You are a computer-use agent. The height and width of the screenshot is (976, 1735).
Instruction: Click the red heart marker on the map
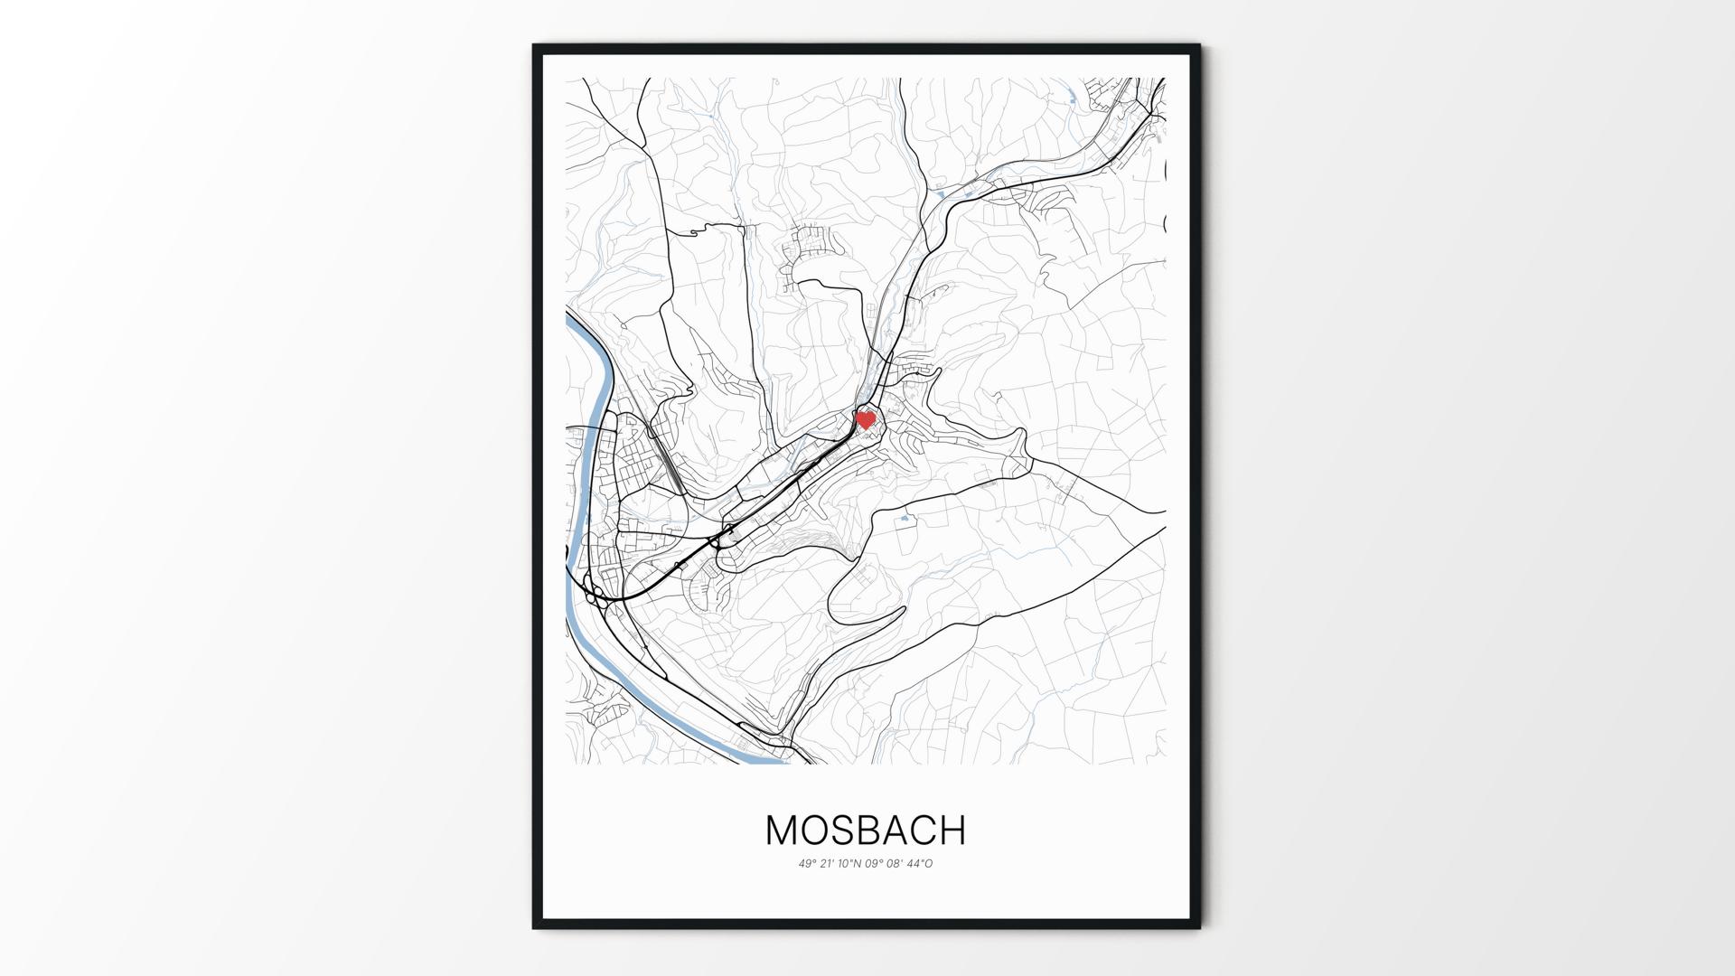pyautogui.click(x=866, y=420)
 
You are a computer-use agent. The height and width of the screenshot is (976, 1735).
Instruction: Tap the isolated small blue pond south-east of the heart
pyautogui.click(x=904, y=520)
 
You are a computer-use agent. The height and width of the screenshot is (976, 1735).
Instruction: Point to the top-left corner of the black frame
pyautogui.click(x=535, y=46)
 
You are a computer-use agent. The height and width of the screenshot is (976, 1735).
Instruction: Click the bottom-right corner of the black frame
pyautogui.click(x=1198, y=926)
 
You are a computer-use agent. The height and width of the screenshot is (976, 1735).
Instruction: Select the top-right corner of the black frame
pyautogui.click(x=1198, y=46)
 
